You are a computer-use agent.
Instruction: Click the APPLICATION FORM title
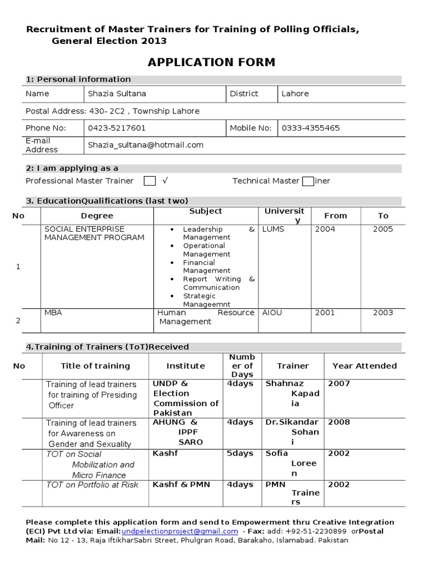pos(211,62)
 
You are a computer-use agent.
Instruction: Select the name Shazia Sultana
pos(117,93)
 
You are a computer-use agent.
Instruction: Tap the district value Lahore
pos(295,93)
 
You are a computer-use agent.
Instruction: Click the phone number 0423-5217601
pos(117,128)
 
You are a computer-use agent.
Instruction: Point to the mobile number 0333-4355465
pos(311,128)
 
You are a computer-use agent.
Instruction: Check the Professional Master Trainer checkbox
pos(150,181)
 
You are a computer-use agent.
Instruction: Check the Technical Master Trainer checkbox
pos(307,181)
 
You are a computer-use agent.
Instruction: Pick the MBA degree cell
pos(53,313)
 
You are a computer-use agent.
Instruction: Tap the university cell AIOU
pos(272,313)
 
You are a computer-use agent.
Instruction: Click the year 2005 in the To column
pos(383,229)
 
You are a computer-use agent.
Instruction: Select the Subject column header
pos(205,211)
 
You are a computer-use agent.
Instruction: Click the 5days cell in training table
pos(240,453)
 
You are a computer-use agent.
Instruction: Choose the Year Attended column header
pos(364,366)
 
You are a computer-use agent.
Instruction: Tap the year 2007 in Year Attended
pos(339,383)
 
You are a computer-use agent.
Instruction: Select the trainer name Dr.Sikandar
pos(292,422)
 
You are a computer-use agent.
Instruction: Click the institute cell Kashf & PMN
pos(181,485)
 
